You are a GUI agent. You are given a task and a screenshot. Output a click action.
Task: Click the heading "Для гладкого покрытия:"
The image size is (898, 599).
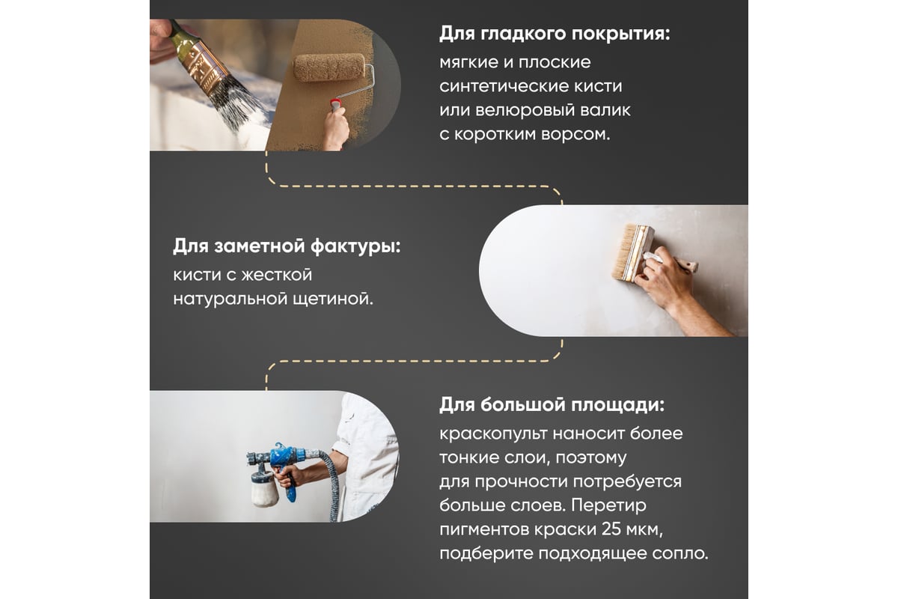click(x=555, y=34)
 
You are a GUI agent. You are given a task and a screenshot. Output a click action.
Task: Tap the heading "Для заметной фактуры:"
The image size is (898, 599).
click(x=287, y=246)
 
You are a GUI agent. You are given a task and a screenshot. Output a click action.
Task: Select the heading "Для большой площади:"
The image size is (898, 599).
click(x=552, y=405)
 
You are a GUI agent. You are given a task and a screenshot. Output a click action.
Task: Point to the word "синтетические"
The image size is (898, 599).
click(x=503, y=86)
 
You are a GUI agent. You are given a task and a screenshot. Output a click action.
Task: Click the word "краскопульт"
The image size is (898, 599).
click(x=493, y=434)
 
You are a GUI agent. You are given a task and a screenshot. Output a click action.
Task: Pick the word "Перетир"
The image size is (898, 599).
click(x=609, y=505)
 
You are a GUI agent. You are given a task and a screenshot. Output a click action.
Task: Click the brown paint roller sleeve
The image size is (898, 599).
click(x=329, y=67)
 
